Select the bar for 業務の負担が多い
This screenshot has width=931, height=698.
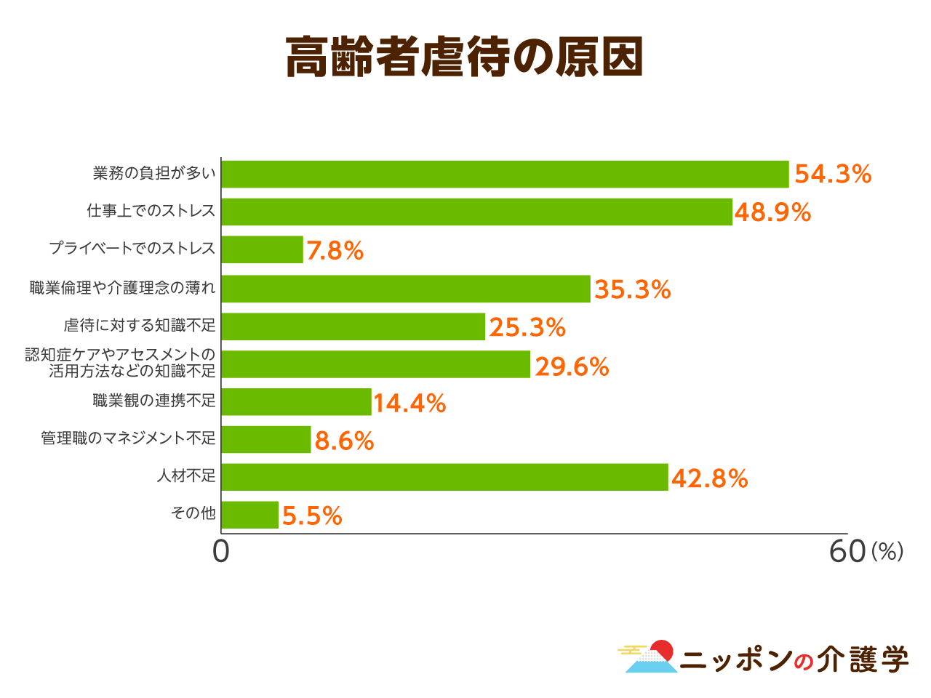(505, 174)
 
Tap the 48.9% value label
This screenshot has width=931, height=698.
(772, 212)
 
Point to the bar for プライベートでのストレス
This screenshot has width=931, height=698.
(262, 249)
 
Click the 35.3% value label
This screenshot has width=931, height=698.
(632, 289)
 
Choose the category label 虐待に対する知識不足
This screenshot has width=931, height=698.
(140, 325)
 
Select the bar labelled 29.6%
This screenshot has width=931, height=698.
(375, 364)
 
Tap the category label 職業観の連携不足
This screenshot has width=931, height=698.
(154, 401)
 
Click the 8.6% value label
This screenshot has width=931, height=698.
(344, 441)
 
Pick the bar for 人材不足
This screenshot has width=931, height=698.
(444, 477)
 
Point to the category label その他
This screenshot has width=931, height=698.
(193, 513)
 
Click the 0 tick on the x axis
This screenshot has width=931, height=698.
(220, 552)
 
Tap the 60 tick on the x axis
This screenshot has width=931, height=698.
(847, 552)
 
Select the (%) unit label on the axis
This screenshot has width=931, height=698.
(887, 552)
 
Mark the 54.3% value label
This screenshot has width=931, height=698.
(833, 174)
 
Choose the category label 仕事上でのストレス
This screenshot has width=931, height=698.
(151, 211)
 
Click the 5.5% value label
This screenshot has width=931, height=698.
(312, 516)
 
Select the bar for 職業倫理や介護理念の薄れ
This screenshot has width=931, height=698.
(405, 289)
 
